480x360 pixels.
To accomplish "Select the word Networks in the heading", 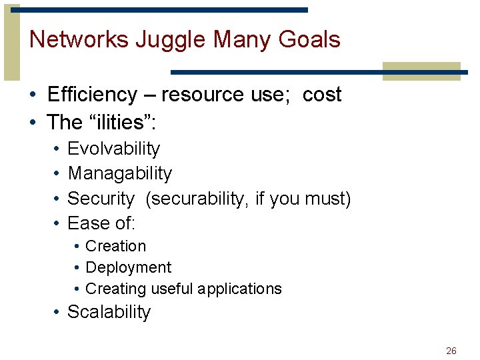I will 79,40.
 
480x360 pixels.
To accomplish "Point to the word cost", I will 322,95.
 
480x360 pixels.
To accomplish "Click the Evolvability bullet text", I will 113,149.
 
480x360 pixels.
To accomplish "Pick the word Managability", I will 119,173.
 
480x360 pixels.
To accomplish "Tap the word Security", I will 101,198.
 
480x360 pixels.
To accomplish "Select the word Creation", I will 115,246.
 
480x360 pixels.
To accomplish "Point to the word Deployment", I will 128,267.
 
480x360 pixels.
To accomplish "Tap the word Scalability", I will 109,312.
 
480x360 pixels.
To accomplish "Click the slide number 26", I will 451,351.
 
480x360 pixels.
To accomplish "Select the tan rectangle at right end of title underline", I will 421,71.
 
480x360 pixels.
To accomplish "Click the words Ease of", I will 101,223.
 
